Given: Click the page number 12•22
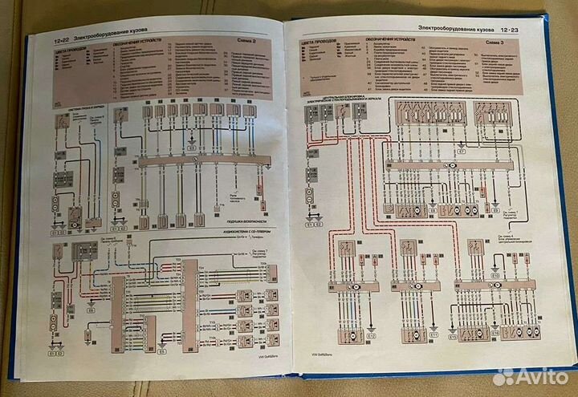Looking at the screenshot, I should (61, 38).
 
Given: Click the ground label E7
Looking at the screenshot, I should (461, 151).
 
